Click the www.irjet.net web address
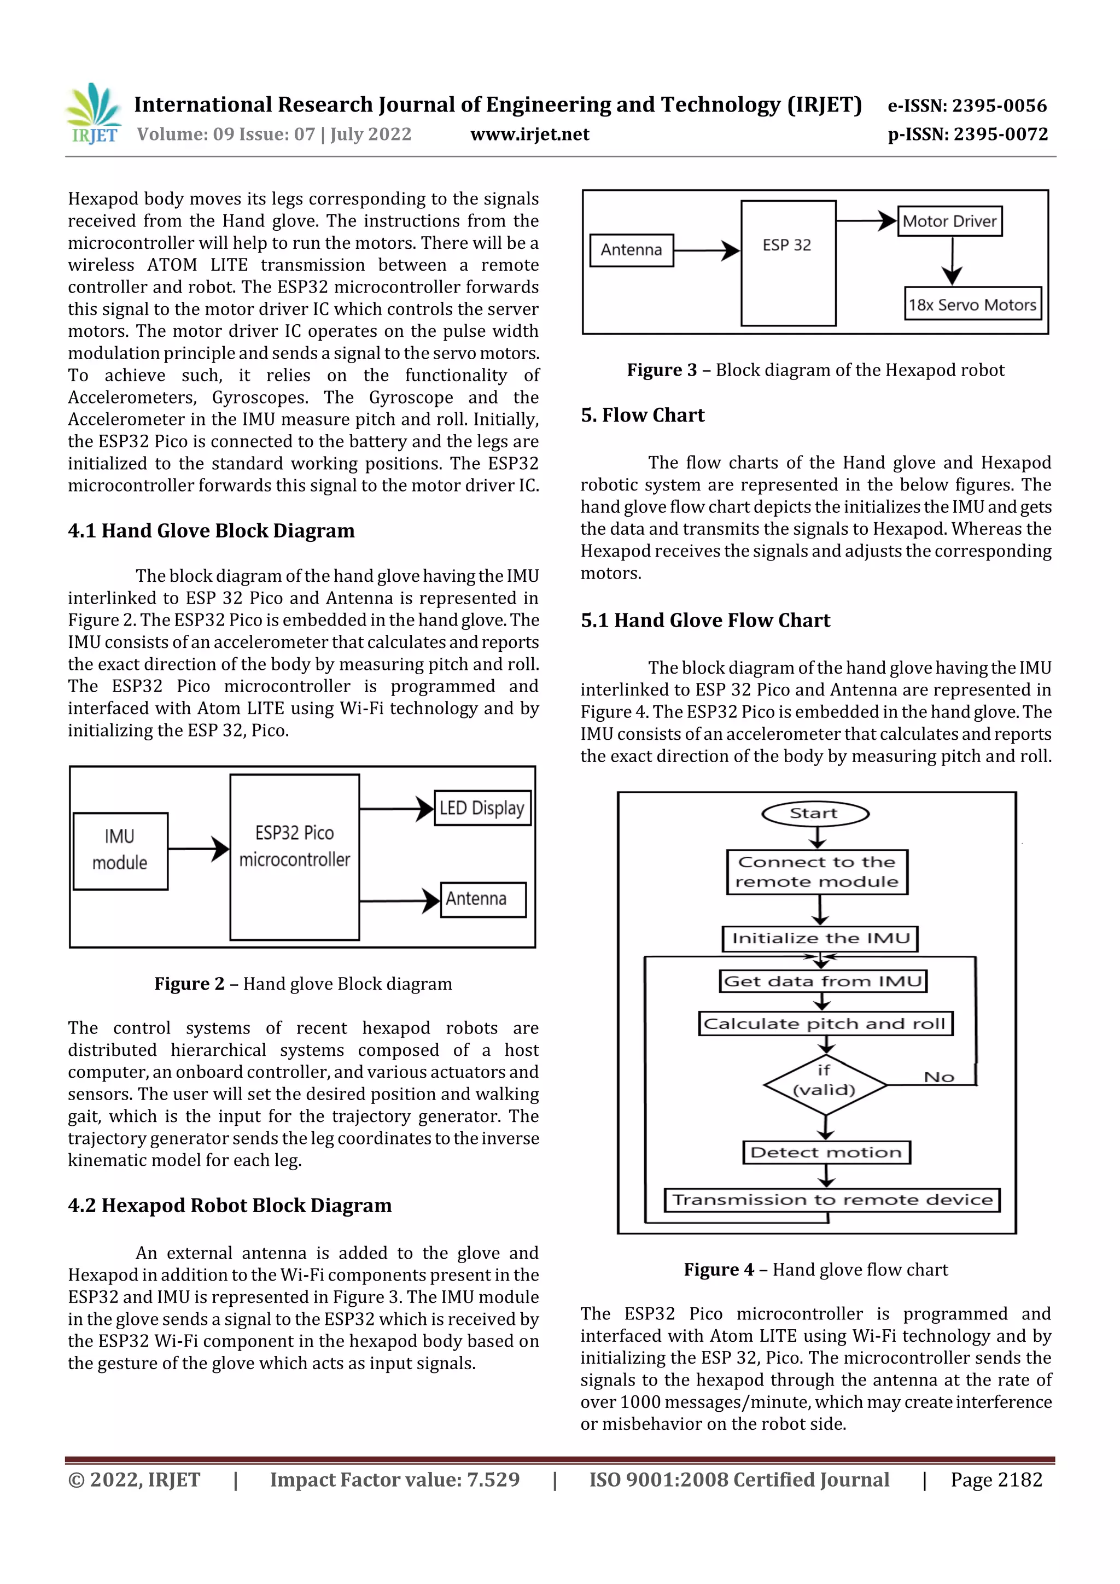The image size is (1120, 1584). tap(529, 135)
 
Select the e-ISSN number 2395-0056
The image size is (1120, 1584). tap(967, 106)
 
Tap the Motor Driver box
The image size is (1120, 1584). tap(949, 221)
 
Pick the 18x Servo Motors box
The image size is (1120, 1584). tap(972, 304)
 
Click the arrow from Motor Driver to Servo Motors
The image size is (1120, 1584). tap(952, 261)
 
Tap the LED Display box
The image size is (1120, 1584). tap(482, 808)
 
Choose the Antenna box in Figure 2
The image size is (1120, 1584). tap(482, 899)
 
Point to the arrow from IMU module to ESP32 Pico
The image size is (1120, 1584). tap(199, 849)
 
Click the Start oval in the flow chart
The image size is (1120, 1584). tap(814, 814)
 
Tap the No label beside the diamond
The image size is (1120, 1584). tap(938, 1077)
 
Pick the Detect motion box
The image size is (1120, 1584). tap(826, 1152)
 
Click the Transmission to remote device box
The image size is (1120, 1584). tap(832, 1200)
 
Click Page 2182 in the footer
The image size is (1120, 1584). tap(996, 1479)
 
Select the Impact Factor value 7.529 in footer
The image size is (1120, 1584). tap(394, 1479)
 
